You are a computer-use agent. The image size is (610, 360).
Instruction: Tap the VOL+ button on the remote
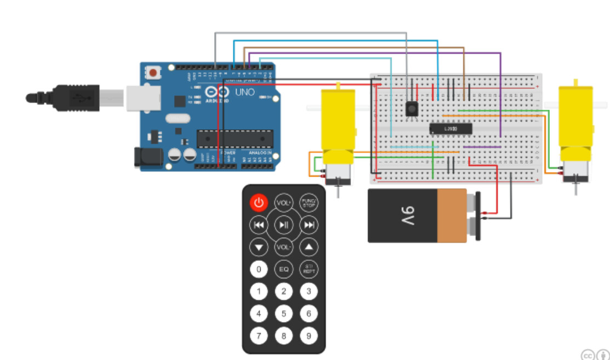(x=284, y=203)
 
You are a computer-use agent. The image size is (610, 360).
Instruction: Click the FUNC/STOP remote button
(x=309, y=203)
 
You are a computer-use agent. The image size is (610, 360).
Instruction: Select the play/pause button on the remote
(x=284, y=225)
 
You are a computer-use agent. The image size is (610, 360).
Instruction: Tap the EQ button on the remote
(x=284, y=269)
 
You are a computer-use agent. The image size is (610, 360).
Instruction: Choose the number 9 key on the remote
(x=309, y=335)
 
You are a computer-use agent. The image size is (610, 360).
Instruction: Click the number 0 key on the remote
(x=258, y=269)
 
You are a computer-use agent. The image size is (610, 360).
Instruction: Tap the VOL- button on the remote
(x=284, y=247)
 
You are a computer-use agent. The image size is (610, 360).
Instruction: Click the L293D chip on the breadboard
(x=451, y=128)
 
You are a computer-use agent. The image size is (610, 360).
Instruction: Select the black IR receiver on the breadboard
(x=412, y=108)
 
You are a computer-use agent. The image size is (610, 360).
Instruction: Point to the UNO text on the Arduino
(x=245, y=92)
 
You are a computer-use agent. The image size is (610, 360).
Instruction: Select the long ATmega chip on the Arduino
(x=235, y=139)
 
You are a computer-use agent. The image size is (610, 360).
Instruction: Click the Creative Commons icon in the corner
(x=588, y=355)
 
